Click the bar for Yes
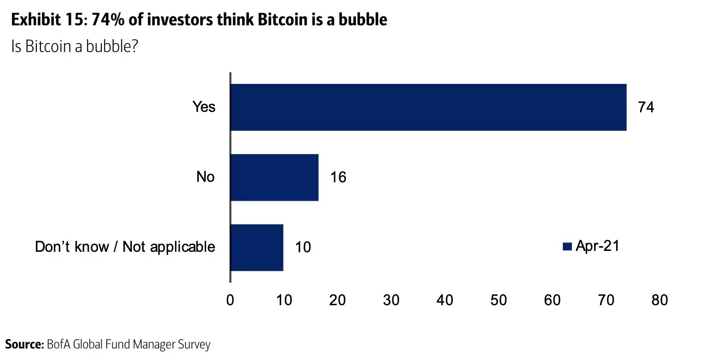(428, 107)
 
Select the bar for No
(274, 177)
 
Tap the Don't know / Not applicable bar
(257, 247)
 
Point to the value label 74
(646, 107)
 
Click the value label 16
(338, 177)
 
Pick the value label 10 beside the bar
(302, 248)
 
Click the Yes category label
(204, 107)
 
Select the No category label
(205, 177)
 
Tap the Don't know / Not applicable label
(125, 247)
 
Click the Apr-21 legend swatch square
(567, 247)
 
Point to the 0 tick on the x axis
(230, 300)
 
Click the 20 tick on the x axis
(338, 300)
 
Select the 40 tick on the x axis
(445, 300)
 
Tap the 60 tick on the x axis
(552, 300)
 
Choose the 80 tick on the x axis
(659, 300)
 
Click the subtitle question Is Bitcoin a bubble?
(75, 46)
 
